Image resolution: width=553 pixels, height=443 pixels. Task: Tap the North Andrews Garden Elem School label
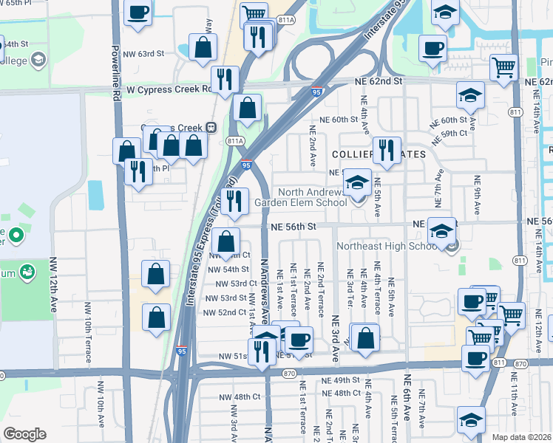tap(300, 197)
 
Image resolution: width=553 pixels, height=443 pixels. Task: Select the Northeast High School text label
tap(388, 246)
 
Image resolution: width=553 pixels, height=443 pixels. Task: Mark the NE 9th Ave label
tap(478, 200)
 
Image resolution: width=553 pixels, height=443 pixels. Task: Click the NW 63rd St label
tap(143, 54)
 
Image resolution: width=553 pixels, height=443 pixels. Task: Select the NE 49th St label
tap(340, 380)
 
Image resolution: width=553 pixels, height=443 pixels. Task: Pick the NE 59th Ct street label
tap(453, 134)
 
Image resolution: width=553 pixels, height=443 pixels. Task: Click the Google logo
tap(24, 434)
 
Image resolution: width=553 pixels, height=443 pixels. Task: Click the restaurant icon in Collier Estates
tap(387, 151)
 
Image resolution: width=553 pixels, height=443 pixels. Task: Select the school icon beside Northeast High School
tap(442, 232)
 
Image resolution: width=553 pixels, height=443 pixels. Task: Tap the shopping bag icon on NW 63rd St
tap(203, 47)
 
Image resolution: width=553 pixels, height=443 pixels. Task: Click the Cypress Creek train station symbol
tap(211, 127)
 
